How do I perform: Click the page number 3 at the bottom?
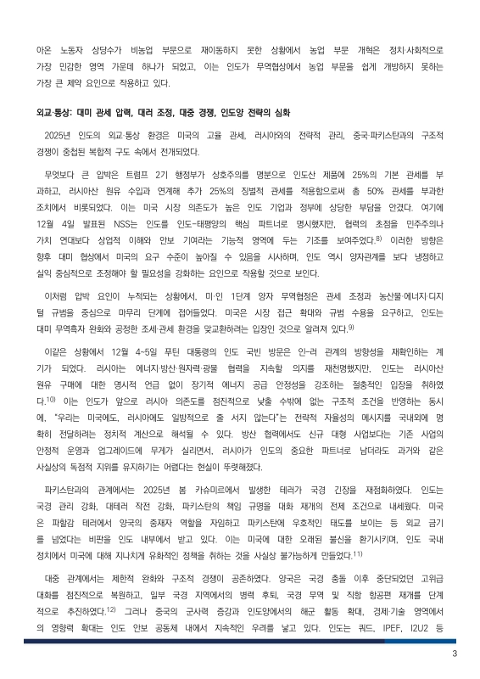(x=455, y=653)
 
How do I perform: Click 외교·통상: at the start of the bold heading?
(x=53, y=113)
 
